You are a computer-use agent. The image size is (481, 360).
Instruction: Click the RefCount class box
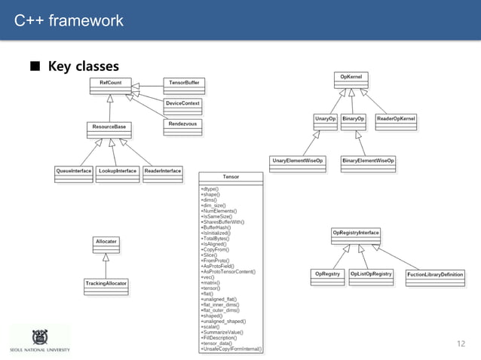(x=110, y=86)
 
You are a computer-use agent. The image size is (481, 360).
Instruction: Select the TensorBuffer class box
(x=183, y=84)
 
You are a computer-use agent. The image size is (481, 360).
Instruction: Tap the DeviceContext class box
(x=182, y=106)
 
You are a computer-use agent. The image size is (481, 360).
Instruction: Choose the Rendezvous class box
(x=182, y=127)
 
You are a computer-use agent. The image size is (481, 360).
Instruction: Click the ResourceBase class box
(x=109, y=130)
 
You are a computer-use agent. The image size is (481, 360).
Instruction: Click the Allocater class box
(x=106, y=244)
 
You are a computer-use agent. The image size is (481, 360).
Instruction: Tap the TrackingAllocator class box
(x=106, y=287)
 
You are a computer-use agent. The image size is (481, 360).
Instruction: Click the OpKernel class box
(x=351, y=80)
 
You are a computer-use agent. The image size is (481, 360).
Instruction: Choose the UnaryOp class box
(x=325, y=122)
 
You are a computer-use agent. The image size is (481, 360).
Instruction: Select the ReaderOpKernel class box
(x=396, y=122)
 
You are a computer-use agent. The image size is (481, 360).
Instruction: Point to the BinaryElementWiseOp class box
(x=369, y=164)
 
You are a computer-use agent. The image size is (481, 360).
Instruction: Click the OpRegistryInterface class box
(x=356, y=236)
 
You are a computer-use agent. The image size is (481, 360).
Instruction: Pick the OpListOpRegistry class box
(x=371, y=277)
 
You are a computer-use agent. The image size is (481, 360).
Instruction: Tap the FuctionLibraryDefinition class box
(x=435, y=277)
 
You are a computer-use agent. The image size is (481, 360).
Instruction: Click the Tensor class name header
(x=231, y=176)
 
